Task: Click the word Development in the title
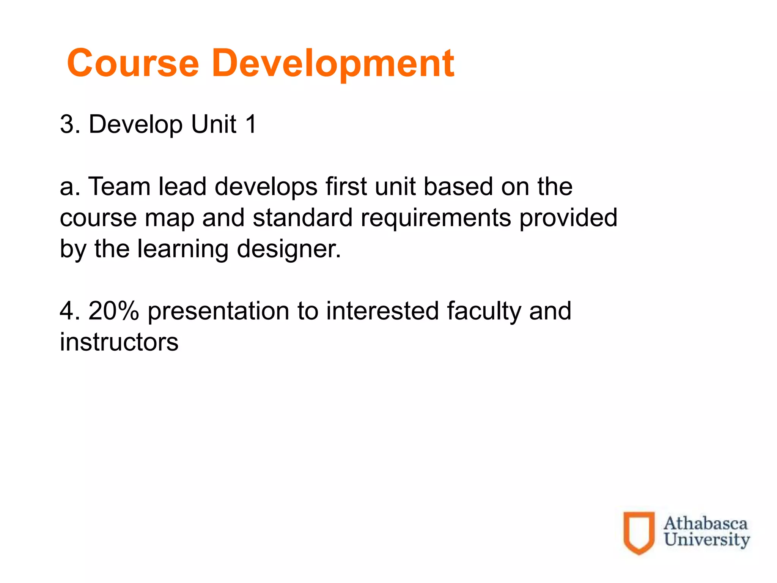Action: (333, 64)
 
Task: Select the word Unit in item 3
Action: (214, 124)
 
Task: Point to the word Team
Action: (120, 187)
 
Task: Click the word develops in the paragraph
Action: (266, 188)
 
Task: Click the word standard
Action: (303, 218)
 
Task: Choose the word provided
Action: (568, 218)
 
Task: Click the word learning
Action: (183, 250)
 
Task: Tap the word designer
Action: (289, 250)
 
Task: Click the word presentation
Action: (218, 312)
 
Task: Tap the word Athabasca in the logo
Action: (705, 523)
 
